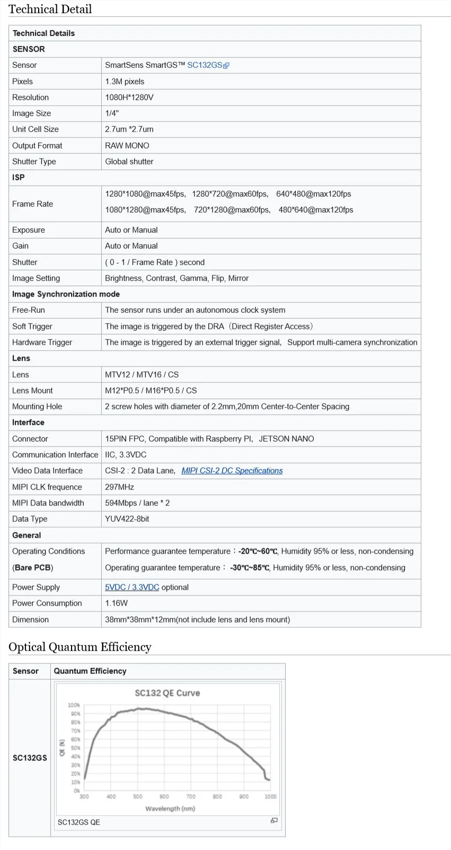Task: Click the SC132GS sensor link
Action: (205, 65)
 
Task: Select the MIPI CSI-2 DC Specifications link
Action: (232, 471)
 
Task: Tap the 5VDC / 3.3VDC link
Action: (132, 588)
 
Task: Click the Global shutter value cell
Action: (129, 162)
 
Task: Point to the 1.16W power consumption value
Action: (117, 603)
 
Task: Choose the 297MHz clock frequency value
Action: (120, 487)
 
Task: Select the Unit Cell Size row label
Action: (36, 129)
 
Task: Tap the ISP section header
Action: (19, 178)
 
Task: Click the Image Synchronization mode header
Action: (66, 294)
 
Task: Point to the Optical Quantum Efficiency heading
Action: (80, 647)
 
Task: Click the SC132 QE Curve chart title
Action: (167, 693)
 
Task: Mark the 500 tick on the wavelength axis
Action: (138, 796)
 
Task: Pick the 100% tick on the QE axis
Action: (74, 705)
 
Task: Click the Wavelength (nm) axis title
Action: (170, 809)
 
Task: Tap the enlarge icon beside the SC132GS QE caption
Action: (274, 820)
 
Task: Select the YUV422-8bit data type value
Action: (127, 519)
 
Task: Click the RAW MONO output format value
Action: (127, 146)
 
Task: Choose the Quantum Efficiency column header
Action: (90, 671)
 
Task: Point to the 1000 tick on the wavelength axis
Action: (270, 796)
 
